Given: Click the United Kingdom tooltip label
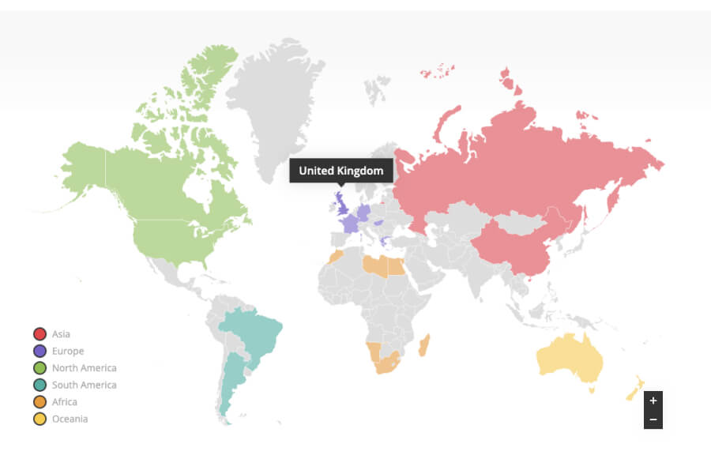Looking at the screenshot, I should click(340, 171).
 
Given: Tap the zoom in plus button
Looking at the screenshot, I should click(653, 401).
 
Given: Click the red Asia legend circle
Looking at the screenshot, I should click(39, 334).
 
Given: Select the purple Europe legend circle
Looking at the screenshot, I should click(39, 351).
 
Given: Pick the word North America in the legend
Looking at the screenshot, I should click(84, 368).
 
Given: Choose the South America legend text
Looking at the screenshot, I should click(84, 385).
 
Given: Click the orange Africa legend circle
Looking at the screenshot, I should click(39, 402).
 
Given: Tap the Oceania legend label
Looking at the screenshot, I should click(70, 419).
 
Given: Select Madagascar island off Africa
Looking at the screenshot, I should click(424, 344).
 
